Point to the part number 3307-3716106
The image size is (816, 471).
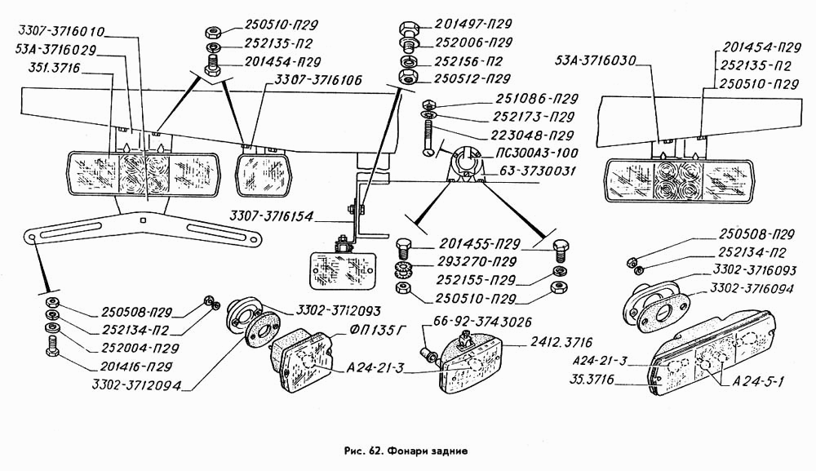(x=318, y=79)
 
